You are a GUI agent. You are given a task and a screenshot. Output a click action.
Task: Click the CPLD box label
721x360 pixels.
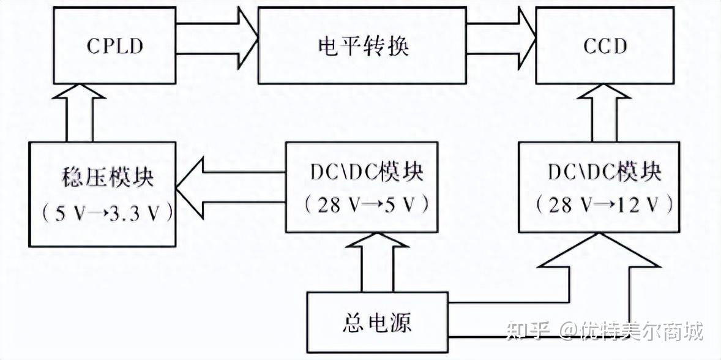pyautogui.click(x=114, y=47)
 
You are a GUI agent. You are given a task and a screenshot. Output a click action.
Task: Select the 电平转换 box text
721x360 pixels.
pyautogui.click(x=364, y=47)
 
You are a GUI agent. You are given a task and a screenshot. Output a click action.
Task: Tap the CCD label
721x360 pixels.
pyautogui.click(x=605, y=47)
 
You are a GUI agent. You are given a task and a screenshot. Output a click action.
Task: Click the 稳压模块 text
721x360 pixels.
pyautogui.click(x=102, y=178)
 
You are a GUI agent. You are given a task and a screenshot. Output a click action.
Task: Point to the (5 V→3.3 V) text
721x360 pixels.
pyautogui.click(x=102, y=212)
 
